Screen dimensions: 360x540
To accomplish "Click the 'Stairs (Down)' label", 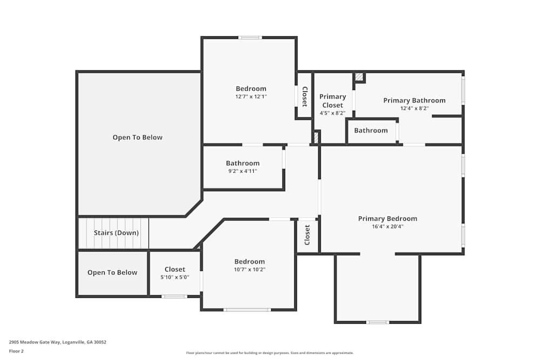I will point(116,233).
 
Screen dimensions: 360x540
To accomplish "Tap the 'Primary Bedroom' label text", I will point(387,219).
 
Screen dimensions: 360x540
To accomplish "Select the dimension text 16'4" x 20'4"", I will point(387,227).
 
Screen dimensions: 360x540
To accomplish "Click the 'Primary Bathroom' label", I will point(414,100).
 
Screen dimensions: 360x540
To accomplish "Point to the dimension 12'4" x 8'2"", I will point(414,108).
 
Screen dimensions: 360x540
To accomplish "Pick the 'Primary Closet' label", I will point(332,101).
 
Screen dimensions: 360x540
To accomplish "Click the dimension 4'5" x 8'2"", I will point(332,113).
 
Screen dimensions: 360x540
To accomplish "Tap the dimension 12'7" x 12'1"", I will point(251,97).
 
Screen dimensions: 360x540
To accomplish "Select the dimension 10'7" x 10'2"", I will point(249,269).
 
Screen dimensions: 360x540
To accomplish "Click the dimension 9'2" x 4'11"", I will point(242,171).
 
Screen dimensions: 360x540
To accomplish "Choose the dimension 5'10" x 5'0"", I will point(174,277).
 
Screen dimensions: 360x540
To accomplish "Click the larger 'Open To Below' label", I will point(137,137).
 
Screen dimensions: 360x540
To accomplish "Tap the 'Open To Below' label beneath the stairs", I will point(112,273).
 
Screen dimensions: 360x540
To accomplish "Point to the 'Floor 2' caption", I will point(16,351).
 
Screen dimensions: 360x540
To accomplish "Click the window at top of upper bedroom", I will point(250,37).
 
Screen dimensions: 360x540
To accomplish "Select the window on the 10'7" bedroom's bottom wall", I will point(247,310).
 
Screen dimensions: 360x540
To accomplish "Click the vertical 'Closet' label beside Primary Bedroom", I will point(307,235).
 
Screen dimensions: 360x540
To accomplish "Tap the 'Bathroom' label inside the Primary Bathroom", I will point(370,130).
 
